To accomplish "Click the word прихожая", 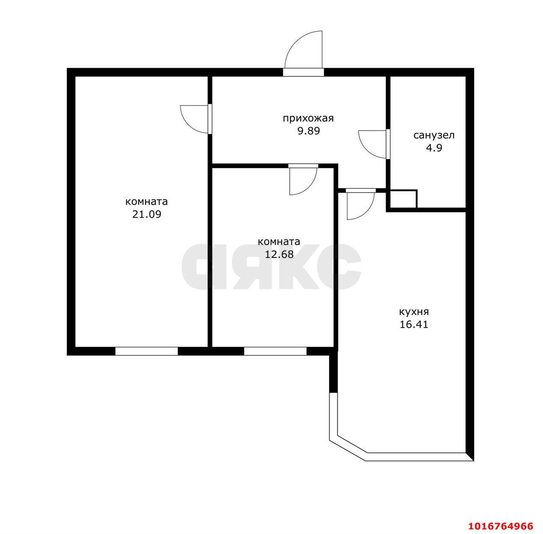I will (x=308, y=118).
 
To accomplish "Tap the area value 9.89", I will (x=308, y=131).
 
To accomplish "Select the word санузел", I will (x=434, y=135).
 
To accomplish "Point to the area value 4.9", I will (x=434, y=148).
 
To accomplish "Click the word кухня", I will (x=414, y=312).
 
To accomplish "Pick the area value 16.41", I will (x=414, y=325).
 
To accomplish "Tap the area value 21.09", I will (x=146, y=214).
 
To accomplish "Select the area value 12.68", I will (x=279, y=254).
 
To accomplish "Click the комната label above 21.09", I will (x=146, y=201).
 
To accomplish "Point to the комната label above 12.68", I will (x=279, y=242).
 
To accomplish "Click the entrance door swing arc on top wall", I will (x=304, y=50).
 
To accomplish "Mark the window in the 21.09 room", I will (x=146, y=351).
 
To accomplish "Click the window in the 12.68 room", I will (x=275, y=351).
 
